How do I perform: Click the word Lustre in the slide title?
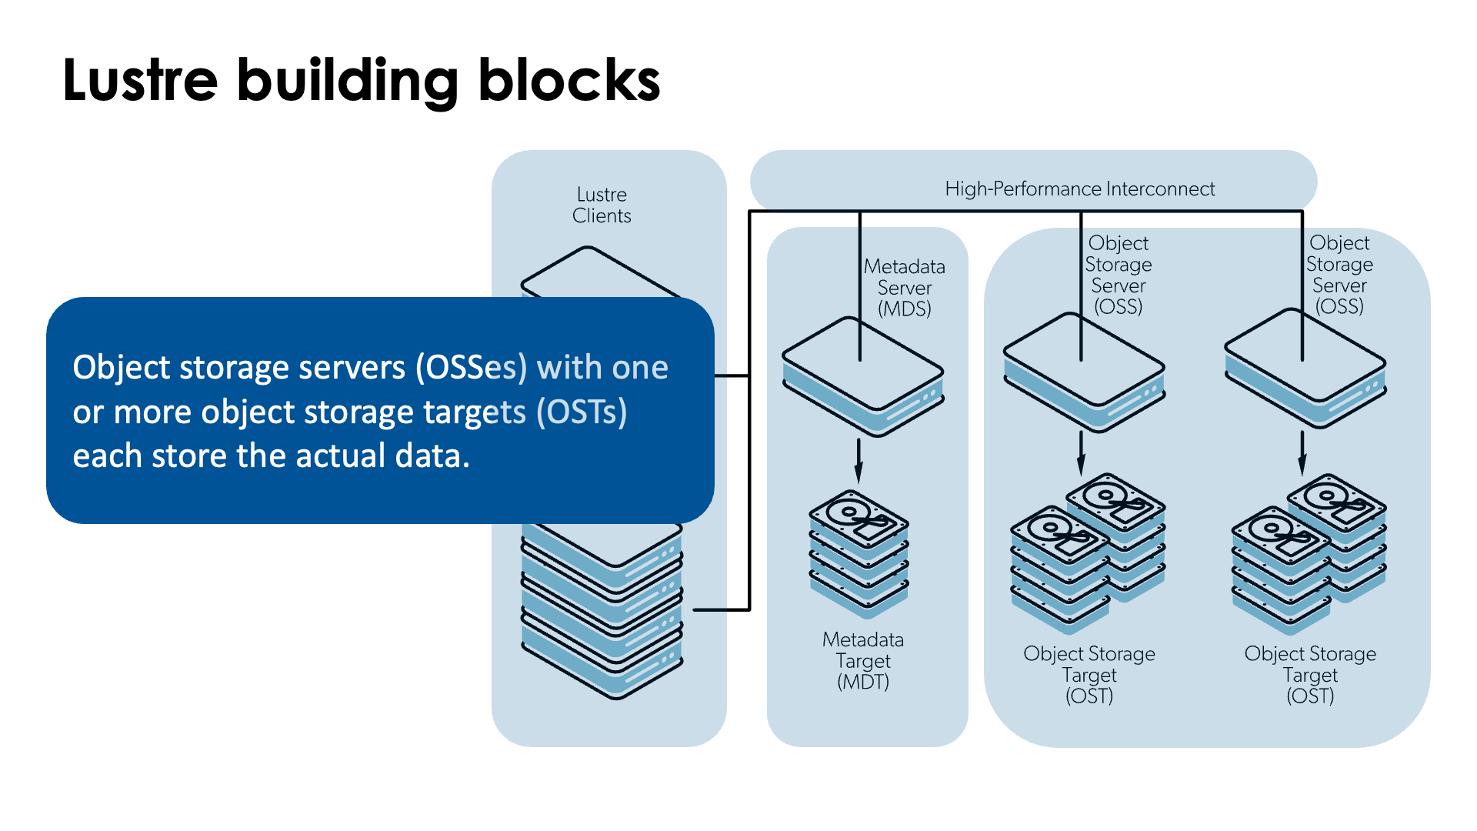pyautogui.click(x=140, y=80)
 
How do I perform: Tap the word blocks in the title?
pyautogui.click(x=568, y=80)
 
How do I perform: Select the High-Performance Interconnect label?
pyautogui.click(x=1079, y=189)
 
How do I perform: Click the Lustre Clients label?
pyautogui.click(x=602, y=205)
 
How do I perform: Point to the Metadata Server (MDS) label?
pyautogui.click(x=905, y=288)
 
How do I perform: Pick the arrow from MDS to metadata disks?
pyautogui.click(x=859, y=460)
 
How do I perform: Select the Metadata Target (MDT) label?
pyautogui.click(x=863, y=660)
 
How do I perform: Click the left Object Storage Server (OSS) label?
pyautogui.click(x=1119, y=275)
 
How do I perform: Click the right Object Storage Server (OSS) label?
pyautogui.click(x=1339, y=275)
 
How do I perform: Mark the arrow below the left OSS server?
pyautogui.click(x=1081, y=454)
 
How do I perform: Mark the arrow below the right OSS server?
pyautogui.click(x=1302, y=454)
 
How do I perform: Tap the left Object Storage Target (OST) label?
pyautogui.click(x=1089, y=675)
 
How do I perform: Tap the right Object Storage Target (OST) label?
pyautogui.click(x=1310, y=675)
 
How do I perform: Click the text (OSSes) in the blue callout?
pyautogui.click(x=472, y=368)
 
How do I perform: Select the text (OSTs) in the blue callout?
pyautogui.click(x=582, y=412)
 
